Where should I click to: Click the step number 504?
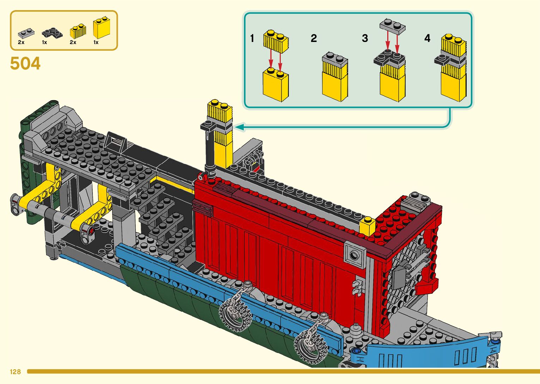pos(25,64)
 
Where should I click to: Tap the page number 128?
pos(15,372)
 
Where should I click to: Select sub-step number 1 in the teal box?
pos(252,38)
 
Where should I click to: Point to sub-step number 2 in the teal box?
pos(314,38)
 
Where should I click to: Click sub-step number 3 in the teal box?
pos(365,38)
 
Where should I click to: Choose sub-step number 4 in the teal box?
pos(427,38)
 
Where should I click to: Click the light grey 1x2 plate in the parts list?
pos(26,33)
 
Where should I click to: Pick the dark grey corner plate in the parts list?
pos(52,33)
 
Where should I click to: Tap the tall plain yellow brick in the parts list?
pos(101,28)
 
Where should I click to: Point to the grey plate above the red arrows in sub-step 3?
pos(393,27)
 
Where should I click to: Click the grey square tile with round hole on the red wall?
pos(354,253)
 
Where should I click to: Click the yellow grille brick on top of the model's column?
pos(220,111)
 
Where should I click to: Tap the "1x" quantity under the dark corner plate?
pos(44,42)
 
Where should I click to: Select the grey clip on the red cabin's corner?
pos(358,286)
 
